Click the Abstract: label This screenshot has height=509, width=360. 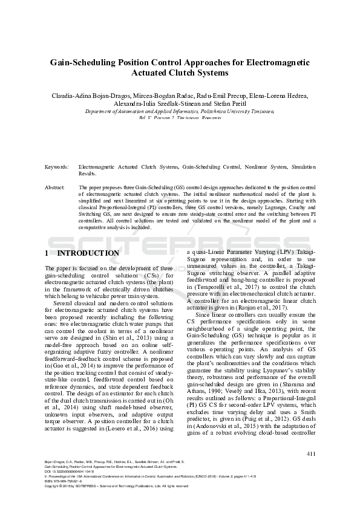56,188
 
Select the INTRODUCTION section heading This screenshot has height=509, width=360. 87,253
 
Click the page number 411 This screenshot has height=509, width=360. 311,453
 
